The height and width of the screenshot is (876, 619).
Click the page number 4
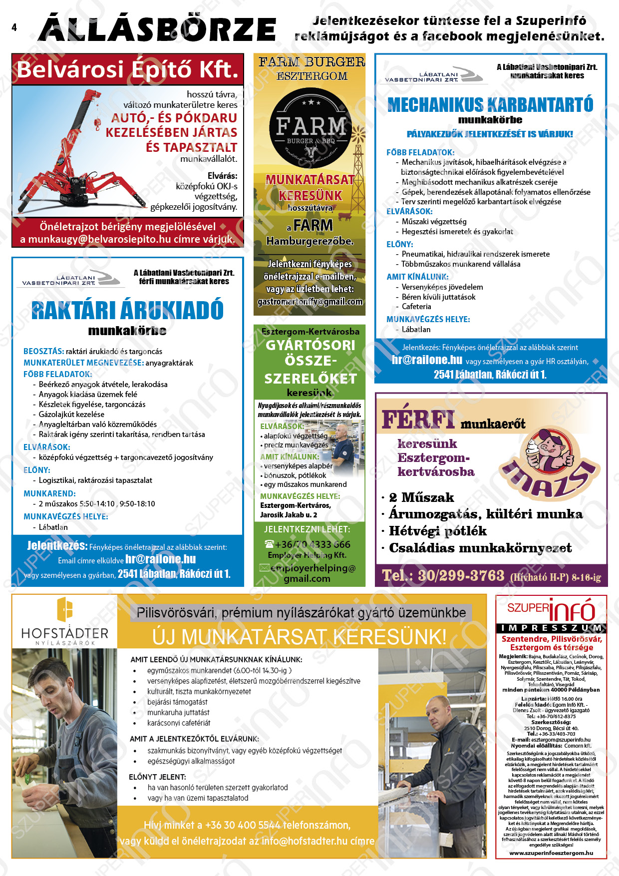coord(14,27)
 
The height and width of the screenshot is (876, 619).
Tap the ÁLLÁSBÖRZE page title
coord(157,29)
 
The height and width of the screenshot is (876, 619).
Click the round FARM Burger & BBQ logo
coord(310,130)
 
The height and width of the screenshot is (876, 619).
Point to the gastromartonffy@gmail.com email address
coord(310,302)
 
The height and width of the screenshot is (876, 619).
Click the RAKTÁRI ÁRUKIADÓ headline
coord(127,310)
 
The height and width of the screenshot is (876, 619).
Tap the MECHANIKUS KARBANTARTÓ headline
coord(490,105)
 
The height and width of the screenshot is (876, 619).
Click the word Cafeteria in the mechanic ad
coord(416,307)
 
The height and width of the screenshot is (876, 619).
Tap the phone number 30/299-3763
coord(461,576)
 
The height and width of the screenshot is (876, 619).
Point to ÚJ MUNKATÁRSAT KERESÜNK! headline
coord(299,637)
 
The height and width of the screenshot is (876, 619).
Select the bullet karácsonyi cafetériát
coord(179,723)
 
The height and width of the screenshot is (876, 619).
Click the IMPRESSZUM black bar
coord(551,628)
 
